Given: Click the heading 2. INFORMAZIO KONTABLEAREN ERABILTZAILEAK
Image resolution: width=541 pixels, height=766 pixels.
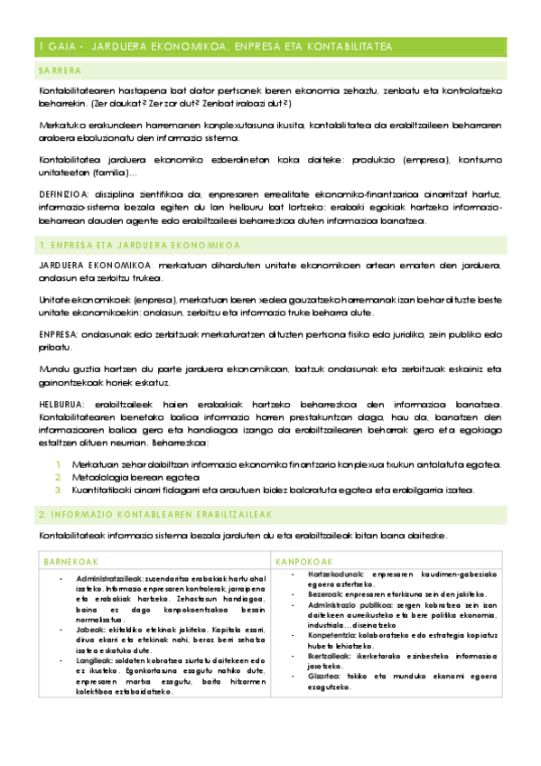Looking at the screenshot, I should click(x=130, y=514).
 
